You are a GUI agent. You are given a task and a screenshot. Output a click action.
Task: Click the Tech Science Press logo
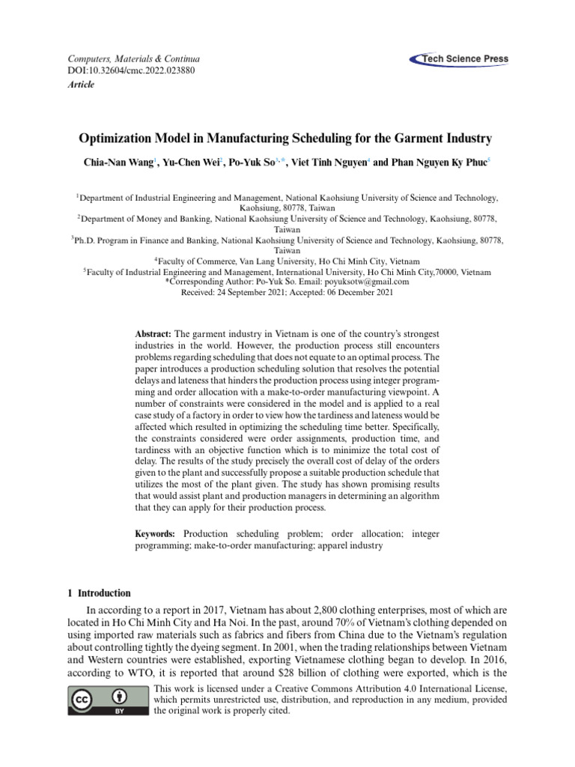pyautogui.click(x=459, y=59)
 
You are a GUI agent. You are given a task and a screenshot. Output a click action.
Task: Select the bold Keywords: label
pyautogui.click(x=155, y=533)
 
